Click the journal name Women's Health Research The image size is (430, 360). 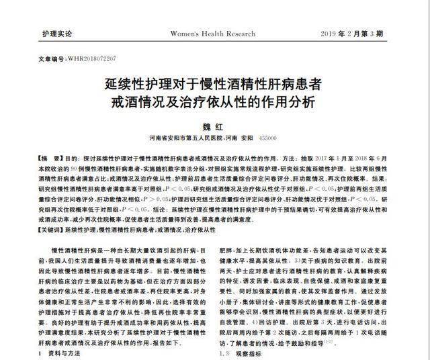tap(214, 34)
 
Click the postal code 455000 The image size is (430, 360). tap(267, 138)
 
